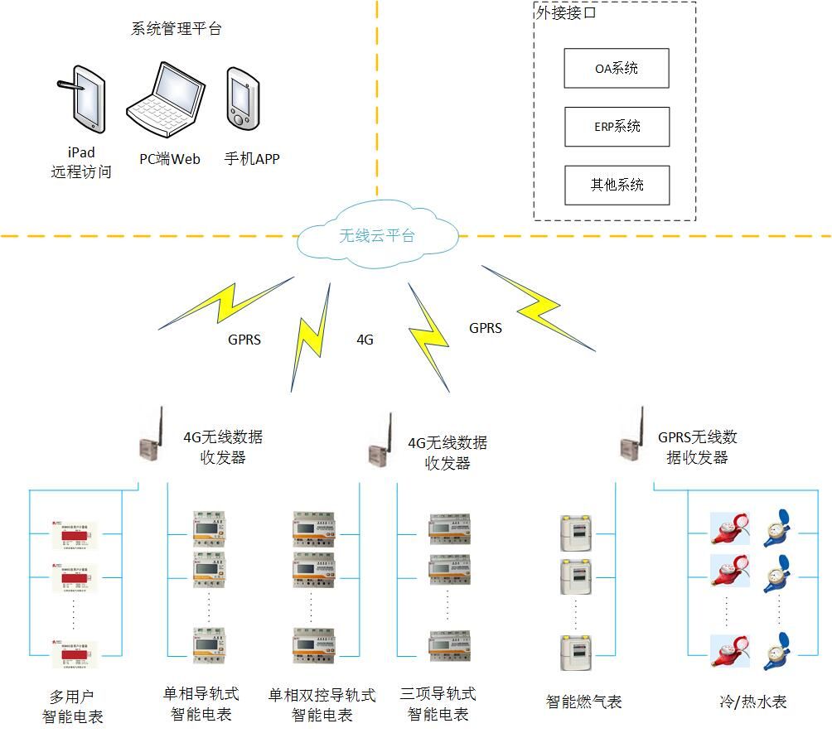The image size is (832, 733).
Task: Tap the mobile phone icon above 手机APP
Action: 241,98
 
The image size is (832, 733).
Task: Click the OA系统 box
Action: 616,69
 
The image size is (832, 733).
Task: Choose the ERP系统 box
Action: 616,127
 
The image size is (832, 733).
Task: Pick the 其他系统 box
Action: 616,185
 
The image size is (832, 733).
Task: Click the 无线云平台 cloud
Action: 377,237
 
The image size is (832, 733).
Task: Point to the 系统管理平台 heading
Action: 177,29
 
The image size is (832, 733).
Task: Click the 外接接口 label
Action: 567,13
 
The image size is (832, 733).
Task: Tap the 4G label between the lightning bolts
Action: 365,340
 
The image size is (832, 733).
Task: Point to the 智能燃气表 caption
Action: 583,702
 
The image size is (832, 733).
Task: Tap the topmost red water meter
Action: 728,529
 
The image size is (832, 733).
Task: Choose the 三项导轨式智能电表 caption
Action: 438,703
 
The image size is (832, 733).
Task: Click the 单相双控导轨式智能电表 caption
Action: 322,704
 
